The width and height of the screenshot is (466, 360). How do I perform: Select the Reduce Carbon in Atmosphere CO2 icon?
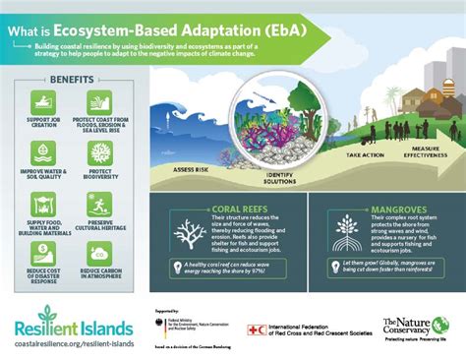click(98, 254)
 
